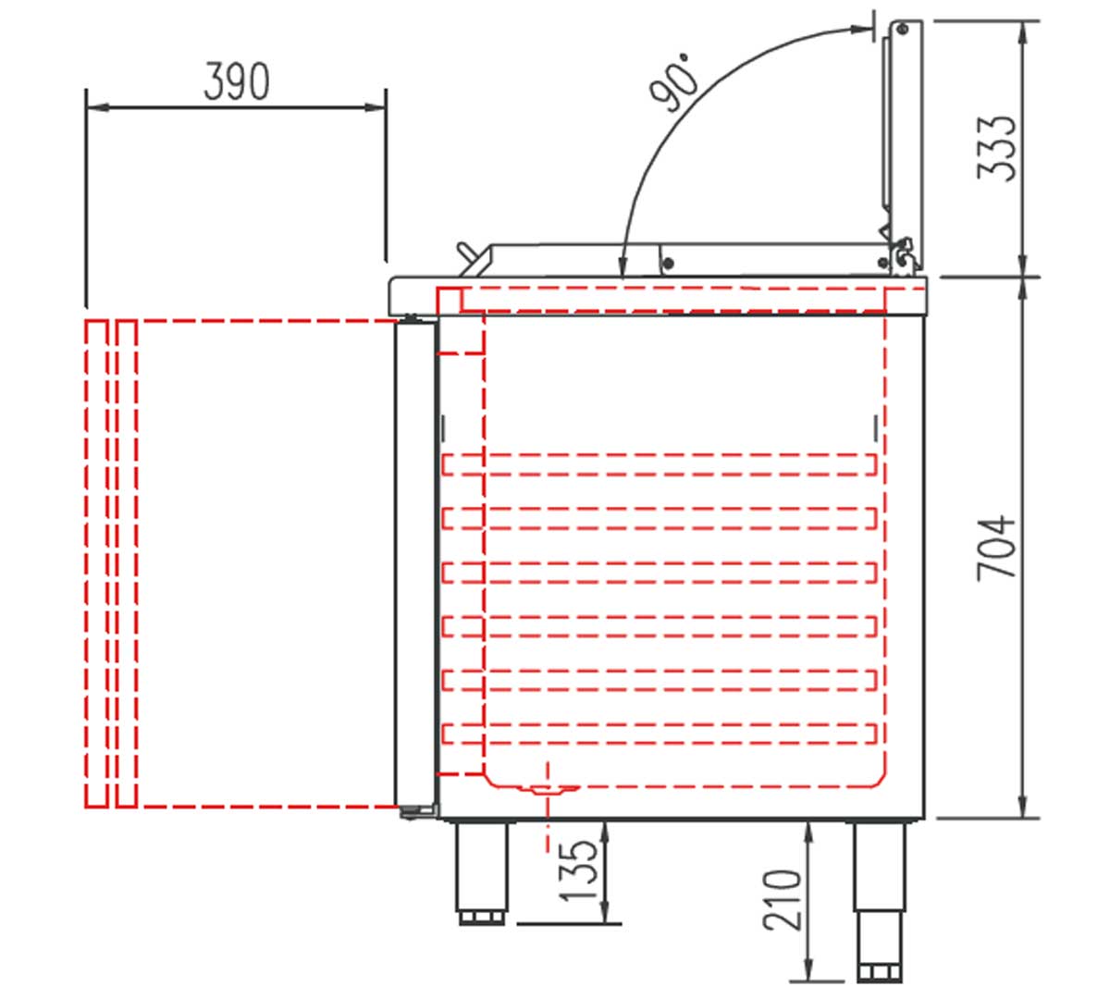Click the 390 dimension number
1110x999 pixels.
click(237, 81)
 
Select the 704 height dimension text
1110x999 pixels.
click(996, 549)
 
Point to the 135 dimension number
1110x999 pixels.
click(579, 870)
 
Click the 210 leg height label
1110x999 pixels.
click(782, 900)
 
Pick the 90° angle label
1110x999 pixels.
click(674, 82)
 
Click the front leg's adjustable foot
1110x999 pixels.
click(481, 919)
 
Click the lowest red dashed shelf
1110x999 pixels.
click(659, 734)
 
